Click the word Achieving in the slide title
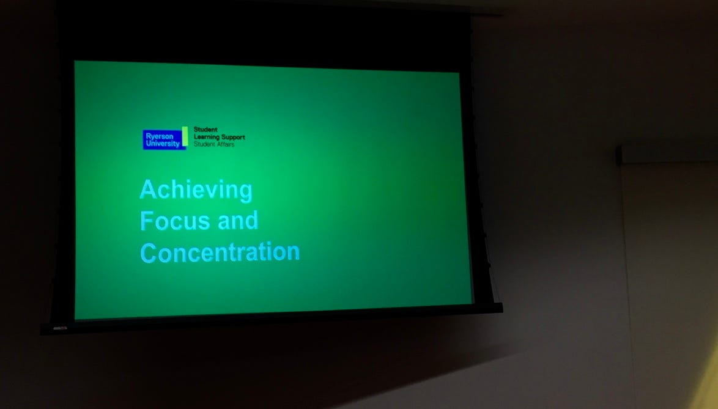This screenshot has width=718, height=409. point(196,190)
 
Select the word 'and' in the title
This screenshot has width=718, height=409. point(238,220)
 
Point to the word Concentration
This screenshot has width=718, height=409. point(220,252)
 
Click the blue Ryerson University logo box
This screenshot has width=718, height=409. point(163,139)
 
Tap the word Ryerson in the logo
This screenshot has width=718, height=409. point(160,136)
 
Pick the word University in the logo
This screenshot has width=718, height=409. point(163,144)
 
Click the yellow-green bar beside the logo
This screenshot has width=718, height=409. point(185,136)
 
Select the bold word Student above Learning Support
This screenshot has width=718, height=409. point(205,130)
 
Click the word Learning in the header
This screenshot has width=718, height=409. point(207,137)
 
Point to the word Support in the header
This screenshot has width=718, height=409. point(233,137)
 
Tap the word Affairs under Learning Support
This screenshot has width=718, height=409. point(224,144)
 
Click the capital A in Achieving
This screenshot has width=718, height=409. point(147,189)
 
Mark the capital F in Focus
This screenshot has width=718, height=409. point(147,221)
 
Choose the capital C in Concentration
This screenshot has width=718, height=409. point(148,252)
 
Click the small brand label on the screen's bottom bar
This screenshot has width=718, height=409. point(60,328)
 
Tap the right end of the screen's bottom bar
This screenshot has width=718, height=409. point(502,308)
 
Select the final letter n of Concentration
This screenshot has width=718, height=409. point(293,253)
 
